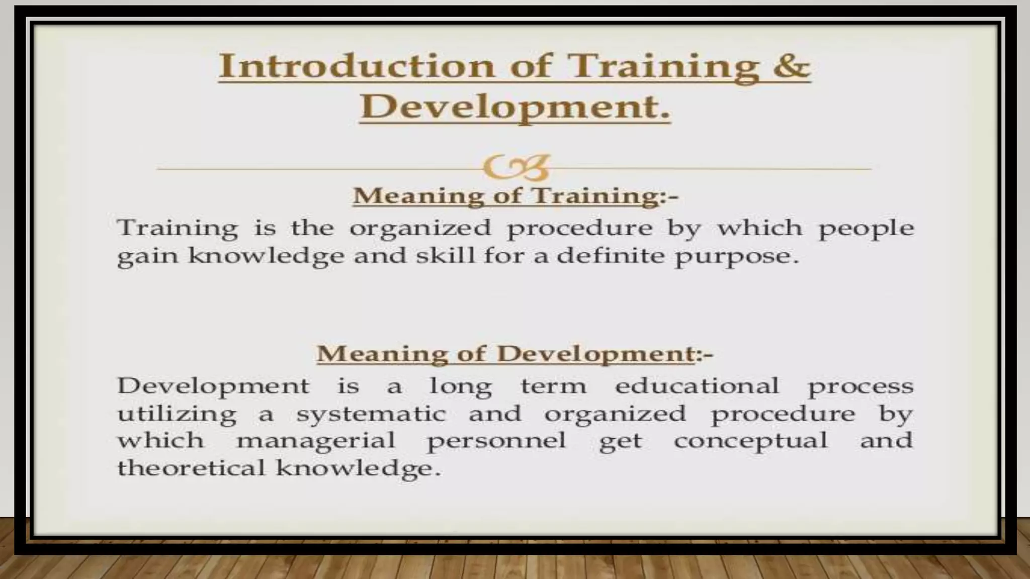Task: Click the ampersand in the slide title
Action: tap(791, 66)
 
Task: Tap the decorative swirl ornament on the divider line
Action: tap(515, 168)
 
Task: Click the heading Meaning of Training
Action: tap(505, 196)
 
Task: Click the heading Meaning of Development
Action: tap(505, 353)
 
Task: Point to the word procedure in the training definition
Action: tap(580, 229)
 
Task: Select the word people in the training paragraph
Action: tap(866, 229)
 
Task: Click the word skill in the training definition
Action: tap(445, 256)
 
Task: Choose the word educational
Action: tap(697, 386)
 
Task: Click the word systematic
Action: tap(371, 415)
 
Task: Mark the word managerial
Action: tap(316, 442)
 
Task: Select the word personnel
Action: tap(496, 442)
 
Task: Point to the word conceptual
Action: tap(750, 442)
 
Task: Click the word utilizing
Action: tap(177, 415)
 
